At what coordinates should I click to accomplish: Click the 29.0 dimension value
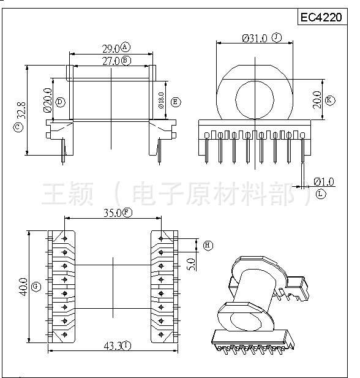[x=110, y=48]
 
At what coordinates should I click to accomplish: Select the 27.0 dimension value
[x=110, y=61]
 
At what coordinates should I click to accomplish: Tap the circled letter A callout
[x=126, y=48]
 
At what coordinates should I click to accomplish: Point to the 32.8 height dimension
[x=21, y=112]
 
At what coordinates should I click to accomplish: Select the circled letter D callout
[x=59, y=102]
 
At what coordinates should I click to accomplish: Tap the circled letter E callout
[x=176, y=102]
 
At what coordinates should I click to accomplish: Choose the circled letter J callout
[x=277, y=38]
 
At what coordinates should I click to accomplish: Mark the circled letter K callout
[x=330, y=100]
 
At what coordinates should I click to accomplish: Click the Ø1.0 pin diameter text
[x=323, y=181]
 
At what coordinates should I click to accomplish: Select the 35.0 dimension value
[x=111, y=213]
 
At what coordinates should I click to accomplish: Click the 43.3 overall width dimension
[x=111, y=346]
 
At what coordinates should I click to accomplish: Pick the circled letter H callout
[x=208, y=246]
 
